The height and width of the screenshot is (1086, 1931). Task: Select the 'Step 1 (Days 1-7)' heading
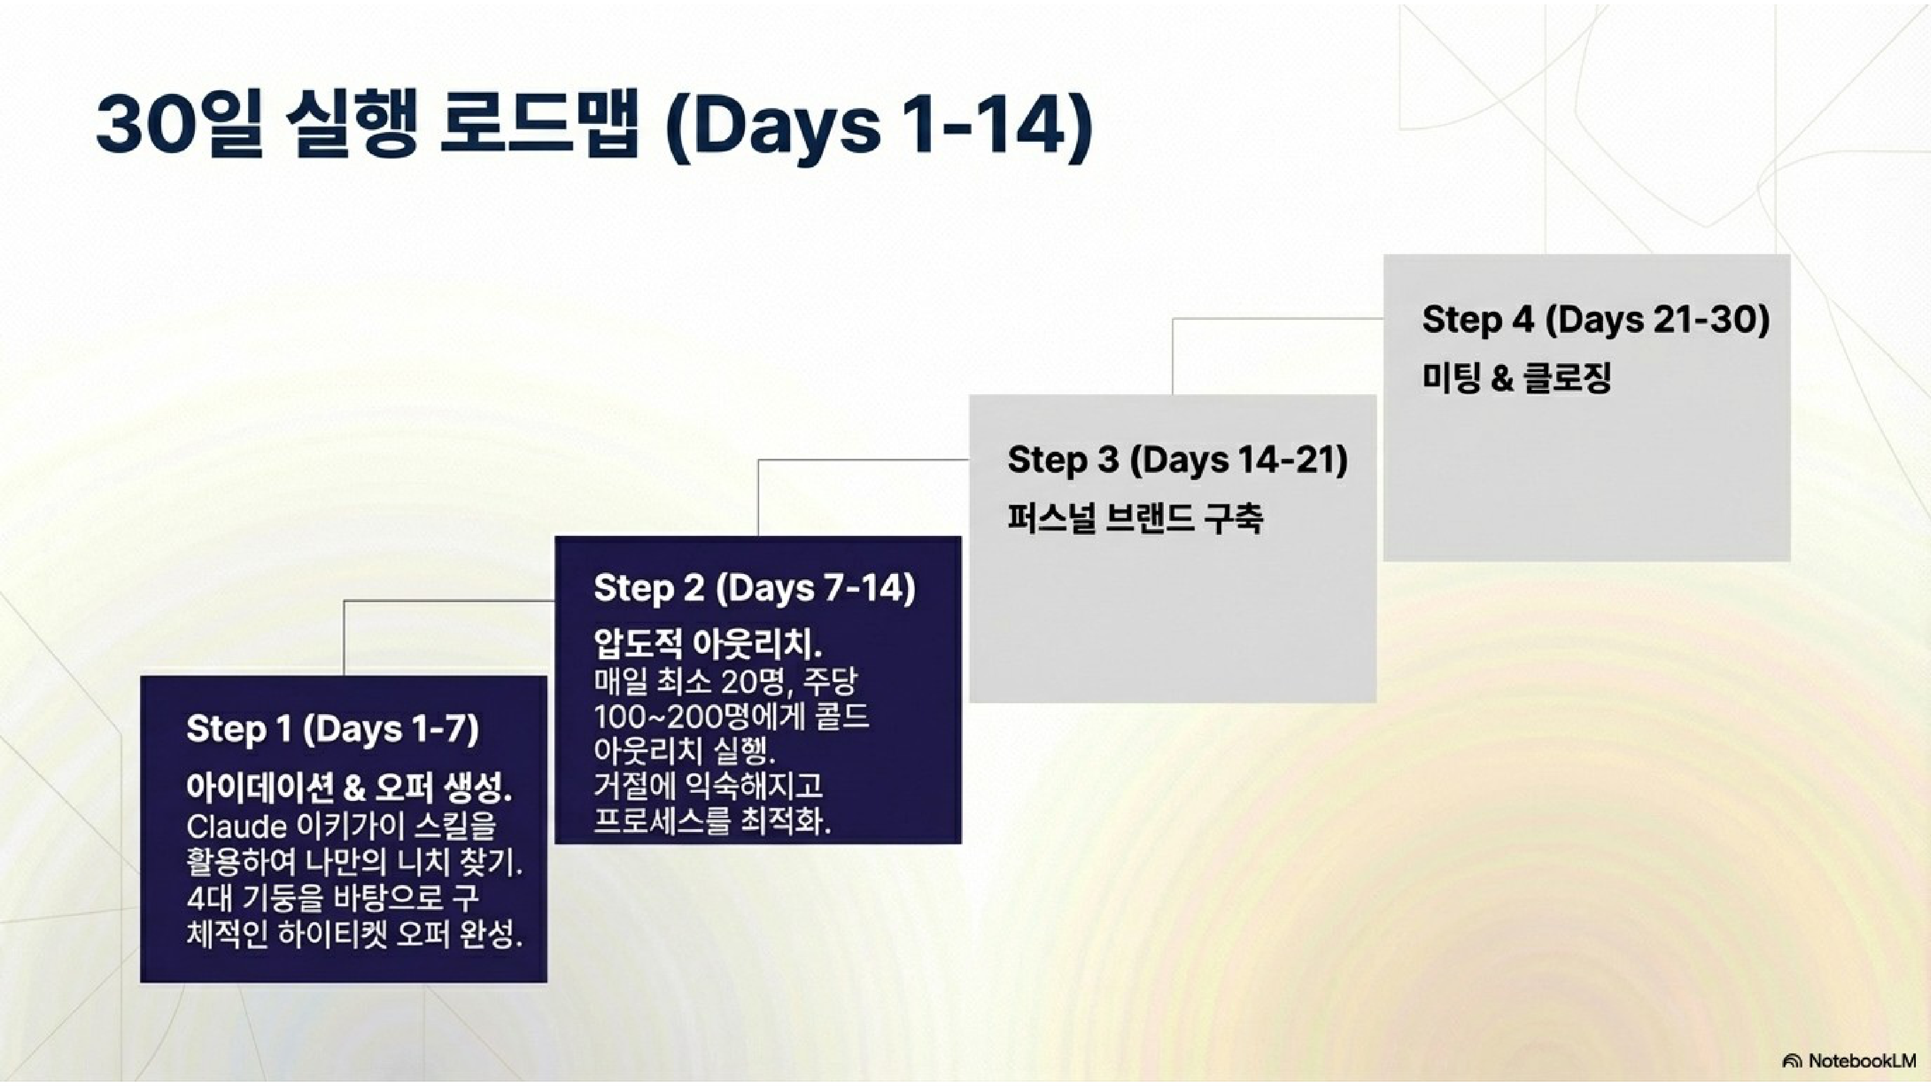click(332, 729)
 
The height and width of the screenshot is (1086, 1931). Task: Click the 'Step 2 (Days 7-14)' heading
click(754, 589)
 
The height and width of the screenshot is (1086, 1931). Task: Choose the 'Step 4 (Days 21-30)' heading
click(1596, 319)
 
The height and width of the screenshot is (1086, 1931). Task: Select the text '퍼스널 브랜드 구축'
click(1135, 518)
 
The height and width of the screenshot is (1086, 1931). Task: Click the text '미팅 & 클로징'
click(1517, 377)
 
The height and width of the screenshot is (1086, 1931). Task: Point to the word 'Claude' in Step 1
click(236, 826)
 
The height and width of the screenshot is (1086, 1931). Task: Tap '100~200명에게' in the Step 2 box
click(690, 717)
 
